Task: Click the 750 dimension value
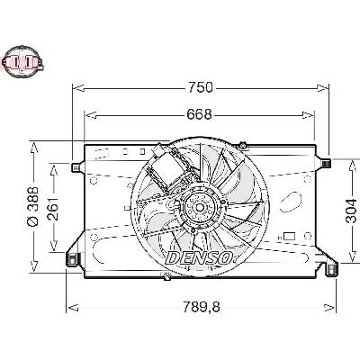point(200,87)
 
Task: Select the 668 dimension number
point(199,114)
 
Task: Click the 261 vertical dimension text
point(53,209)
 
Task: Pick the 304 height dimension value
point(352,211)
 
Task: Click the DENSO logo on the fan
point(200,257)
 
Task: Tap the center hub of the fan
point(200,207)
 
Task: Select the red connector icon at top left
point(22,62)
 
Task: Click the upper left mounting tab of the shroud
point(76,166)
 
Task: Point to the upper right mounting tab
point(325,163)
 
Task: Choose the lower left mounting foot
point(71,258)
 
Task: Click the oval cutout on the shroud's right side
point(291,202)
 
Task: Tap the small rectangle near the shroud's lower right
point(289,237)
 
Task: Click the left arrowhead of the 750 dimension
point(77,87)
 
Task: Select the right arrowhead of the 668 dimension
point(309,115)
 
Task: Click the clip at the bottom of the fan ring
point(166,276)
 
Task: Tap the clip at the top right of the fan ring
point(243,145)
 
